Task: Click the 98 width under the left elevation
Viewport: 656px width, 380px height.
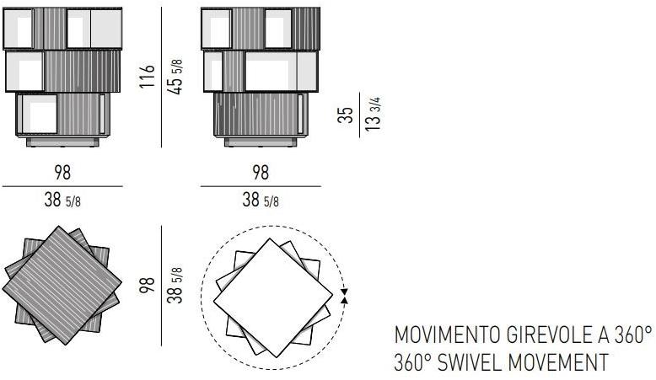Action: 62,173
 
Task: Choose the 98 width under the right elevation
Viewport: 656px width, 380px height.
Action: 261,173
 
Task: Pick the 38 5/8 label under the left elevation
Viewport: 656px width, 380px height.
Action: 62,201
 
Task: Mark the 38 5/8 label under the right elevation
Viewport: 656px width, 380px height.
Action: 261,201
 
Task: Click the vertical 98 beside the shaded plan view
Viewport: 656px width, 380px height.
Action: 148,286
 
